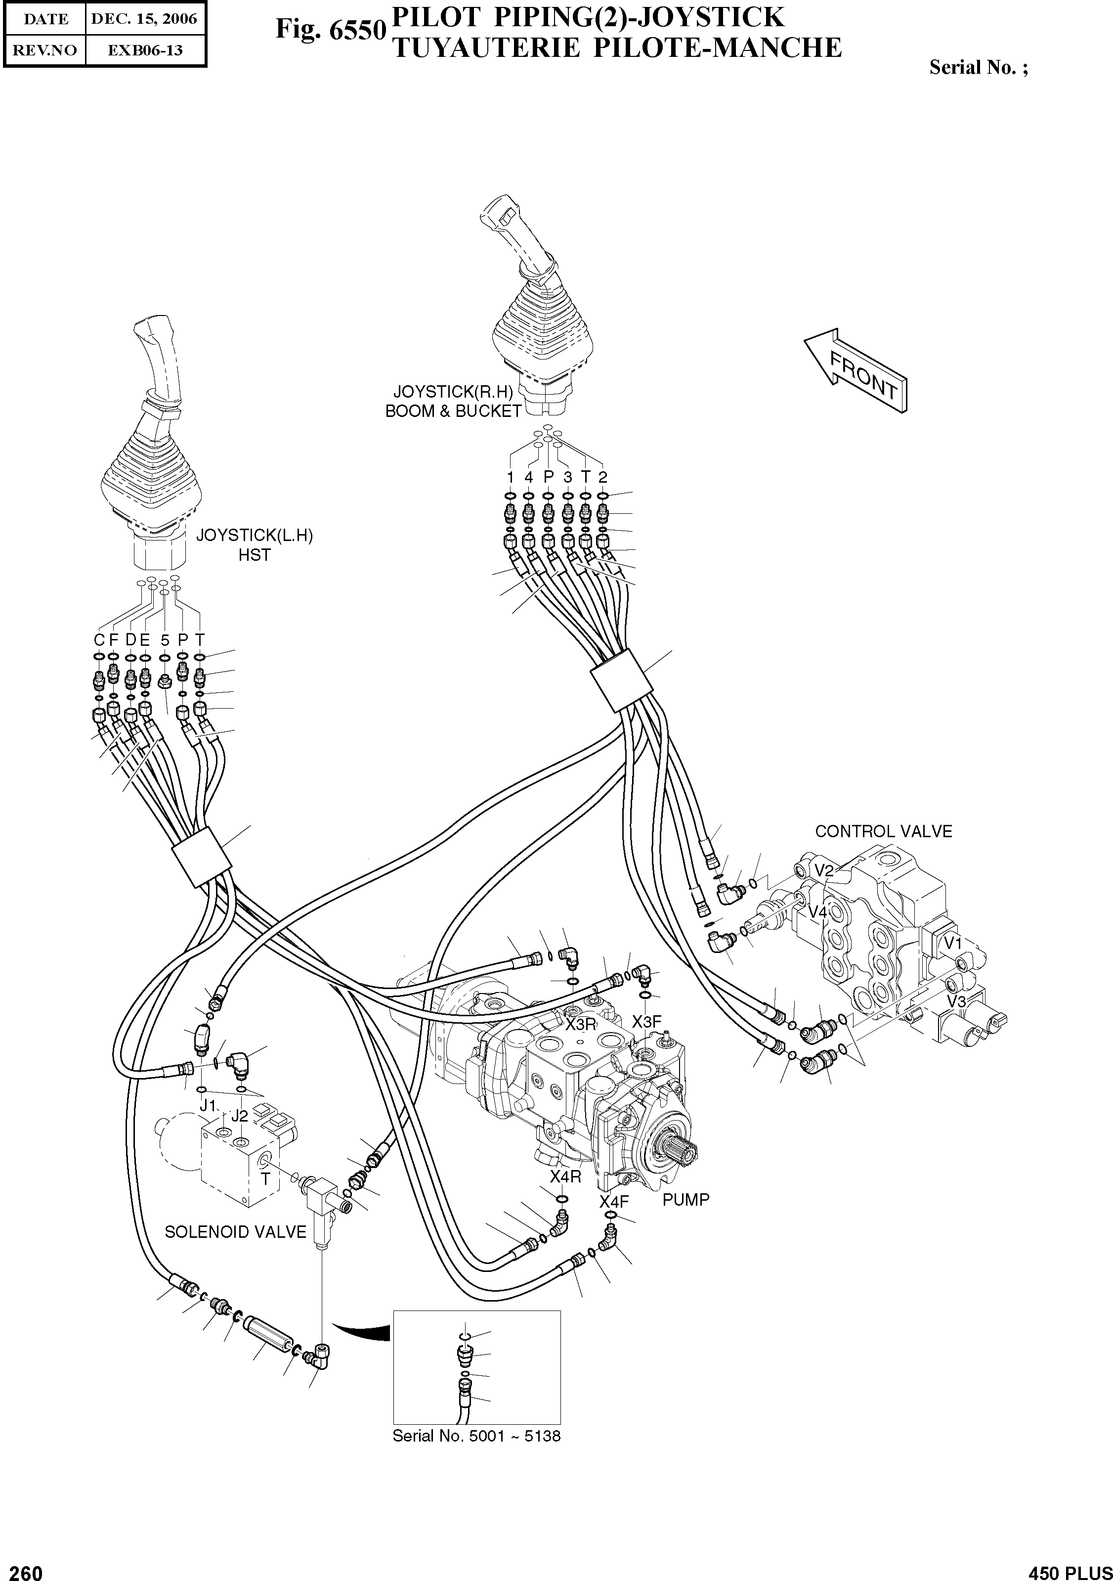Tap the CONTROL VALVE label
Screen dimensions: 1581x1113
click(x=883, y=831)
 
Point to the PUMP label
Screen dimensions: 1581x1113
click(x=685, y=1200)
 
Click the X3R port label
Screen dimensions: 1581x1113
click(x=581, y=1025)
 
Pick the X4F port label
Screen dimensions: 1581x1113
click(x=614, y=1202)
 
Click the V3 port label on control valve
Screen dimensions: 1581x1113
click(x=956, y=1001)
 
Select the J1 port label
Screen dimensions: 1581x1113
click(x=208, y=1106)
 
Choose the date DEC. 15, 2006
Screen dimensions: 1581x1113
click(x=144, y=19)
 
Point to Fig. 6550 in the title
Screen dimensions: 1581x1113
click(x=330, y=30)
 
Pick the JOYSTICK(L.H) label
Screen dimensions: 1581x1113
click(x=254, y=535)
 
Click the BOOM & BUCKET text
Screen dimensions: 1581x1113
click(x=453, y=411)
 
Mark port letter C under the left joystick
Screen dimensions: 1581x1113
click(x=99, y=640)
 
